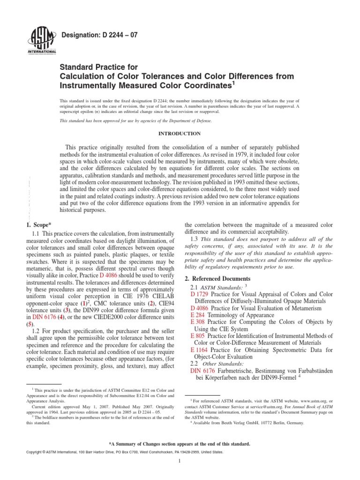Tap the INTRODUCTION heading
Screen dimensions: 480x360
tap(180, 133)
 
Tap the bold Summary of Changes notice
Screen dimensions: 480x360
tap(180, 443)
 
